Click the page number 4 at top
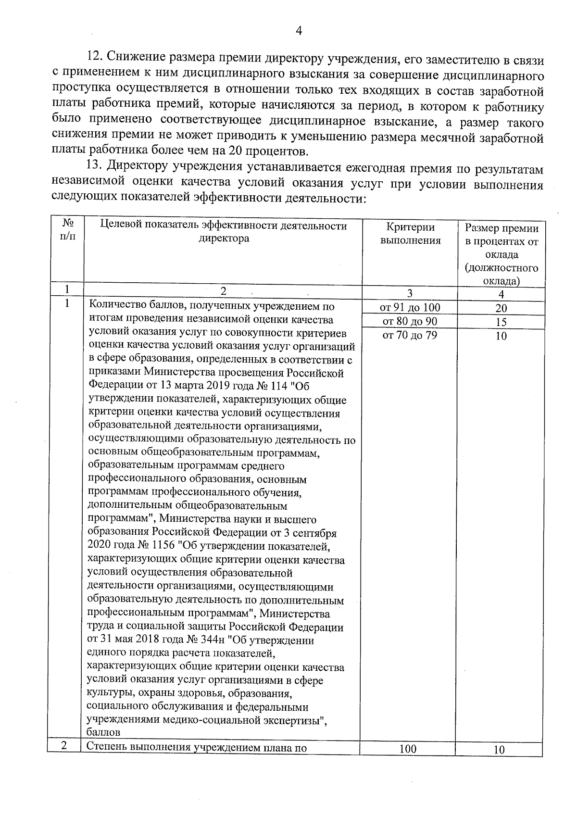click(x=299, y=31)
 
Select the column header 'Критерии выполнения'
click(x=410, y=234)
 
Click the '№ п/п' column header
click(x=68, y=230)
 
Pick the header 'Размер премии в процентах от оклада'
click(x=501, y=254)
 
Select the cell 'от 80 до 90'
click(x=410, y=321)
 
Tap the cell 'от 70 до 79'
click(x=410, y=335)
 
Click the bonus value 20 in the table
click(x=501, y=309)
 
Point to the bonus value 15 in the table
click(x=501, y=323)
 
